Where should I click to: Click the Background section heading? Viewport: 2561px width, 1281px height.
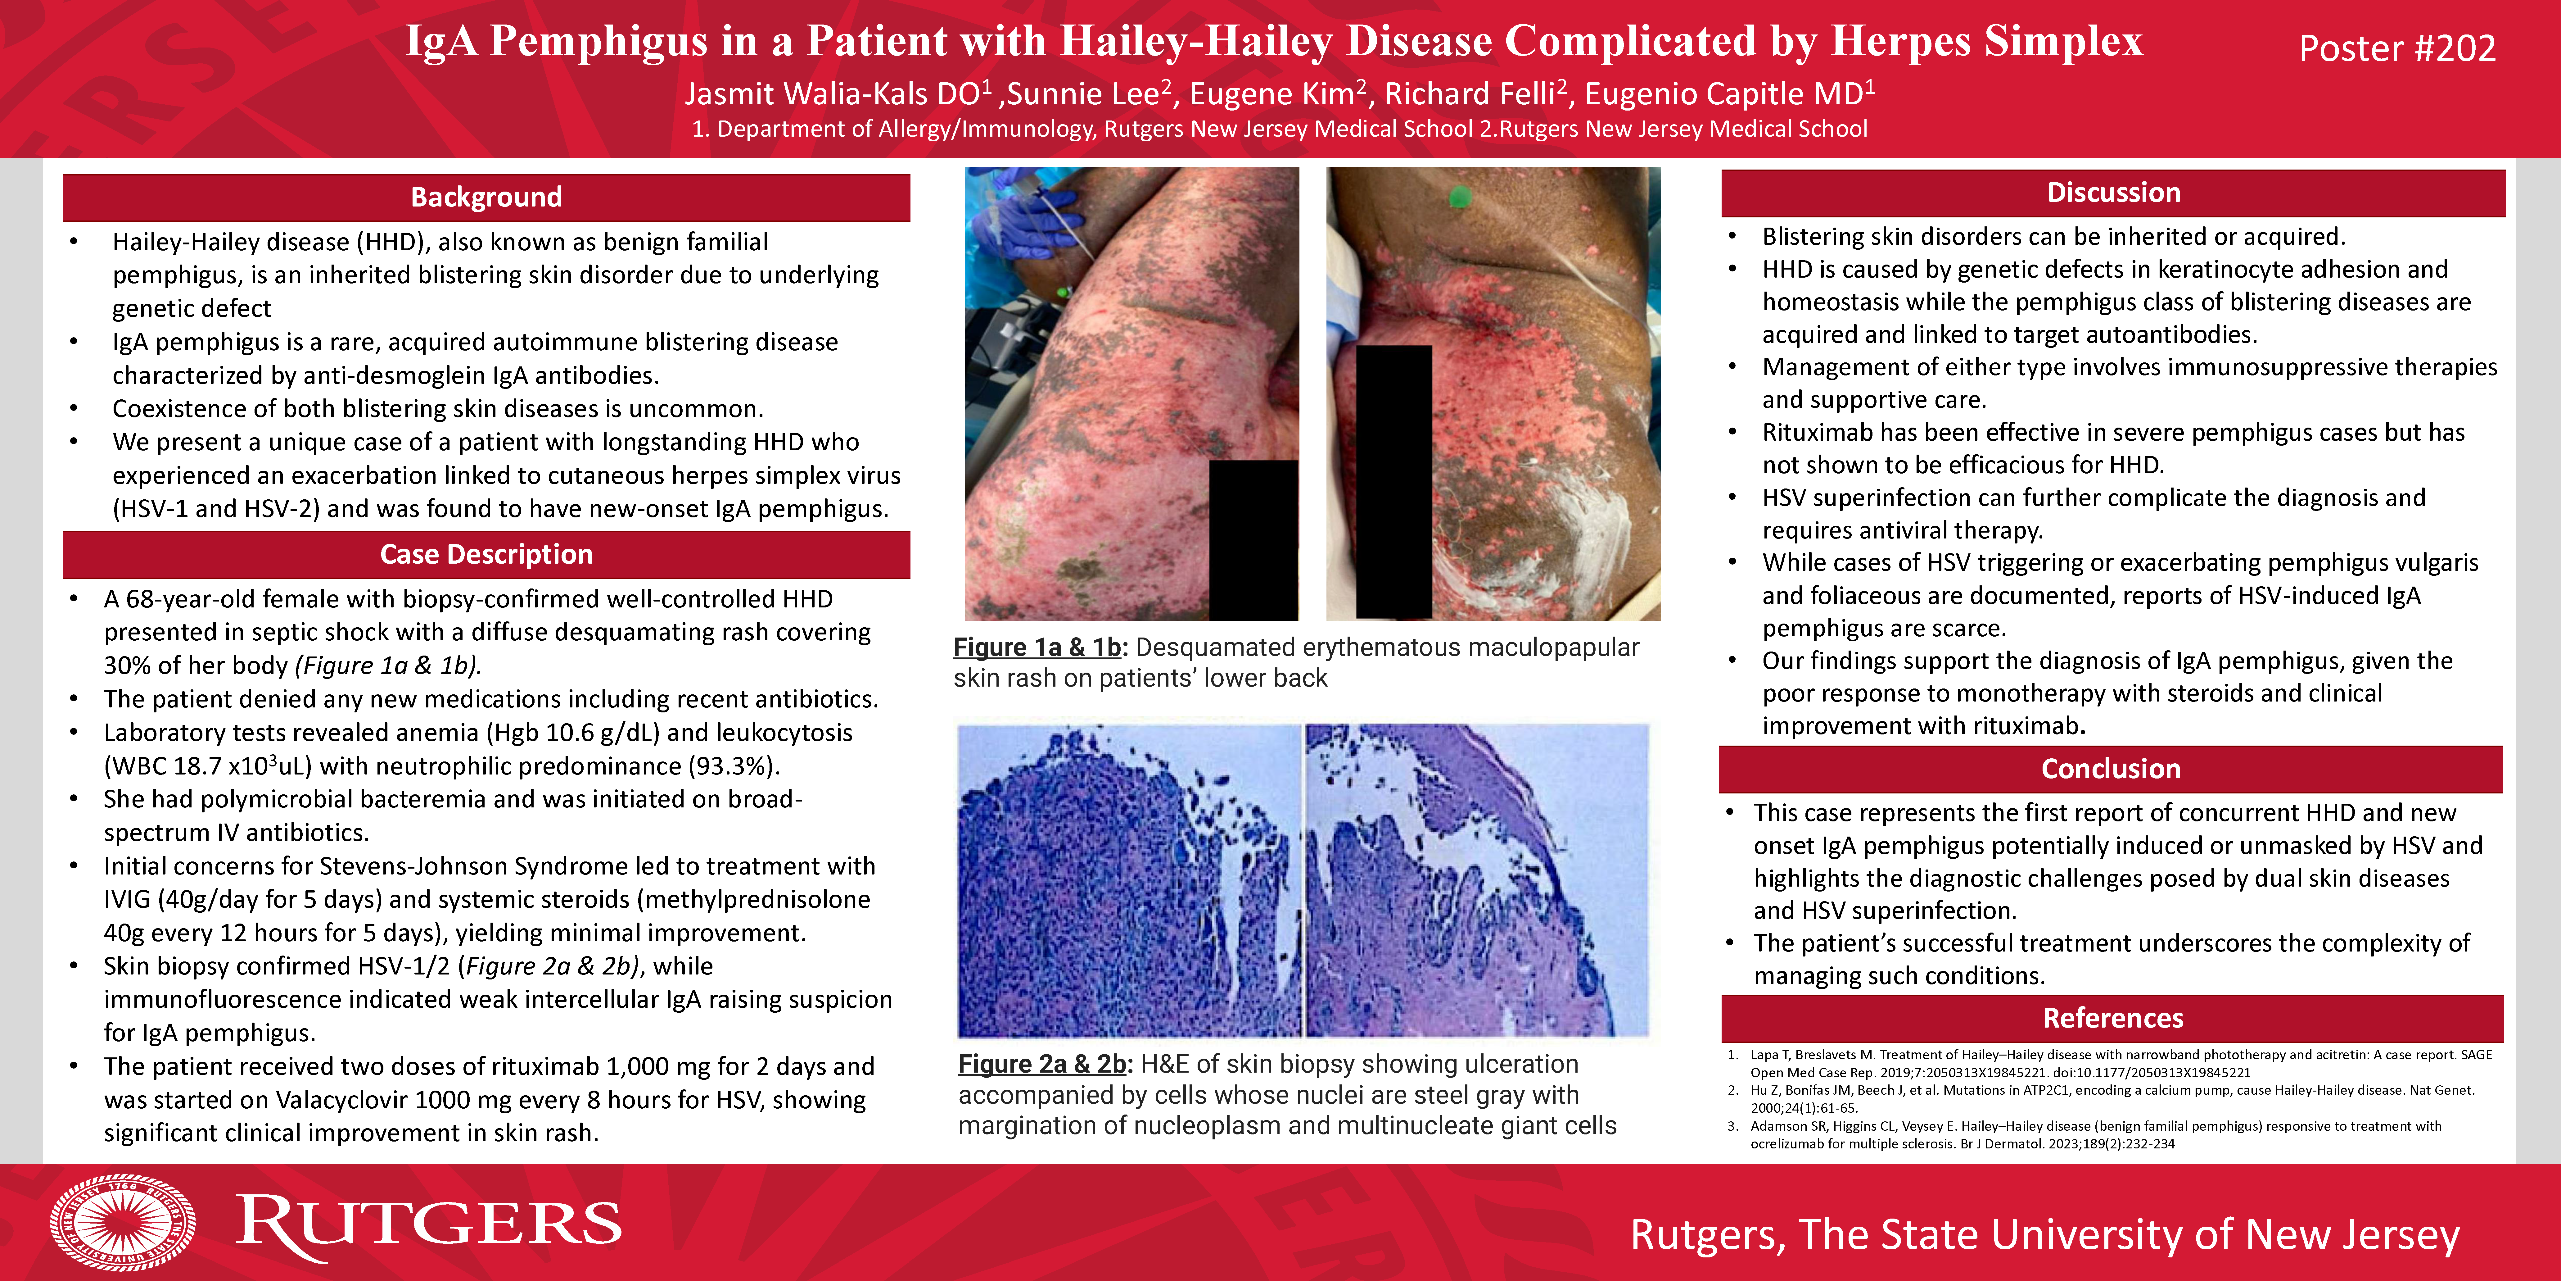(x=486, y=197)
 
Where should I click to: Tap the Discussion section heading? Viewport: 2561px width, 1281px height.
(x=2114, y=193)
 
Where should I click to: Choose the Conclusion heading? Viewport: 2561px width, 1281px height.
(x=2111, y=769)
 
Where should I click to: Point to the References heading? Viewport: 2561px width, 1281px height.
(x=2113, y=1019)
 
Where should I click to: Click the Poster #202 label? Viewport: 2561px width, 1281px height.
(x=2397, y=48)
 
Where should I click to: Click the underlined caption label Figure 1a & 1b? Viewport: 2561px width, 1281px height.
(x=1037, y=647)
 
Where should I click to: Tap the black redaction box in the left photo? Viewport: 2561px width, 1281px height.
(x=1254, y=540)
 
